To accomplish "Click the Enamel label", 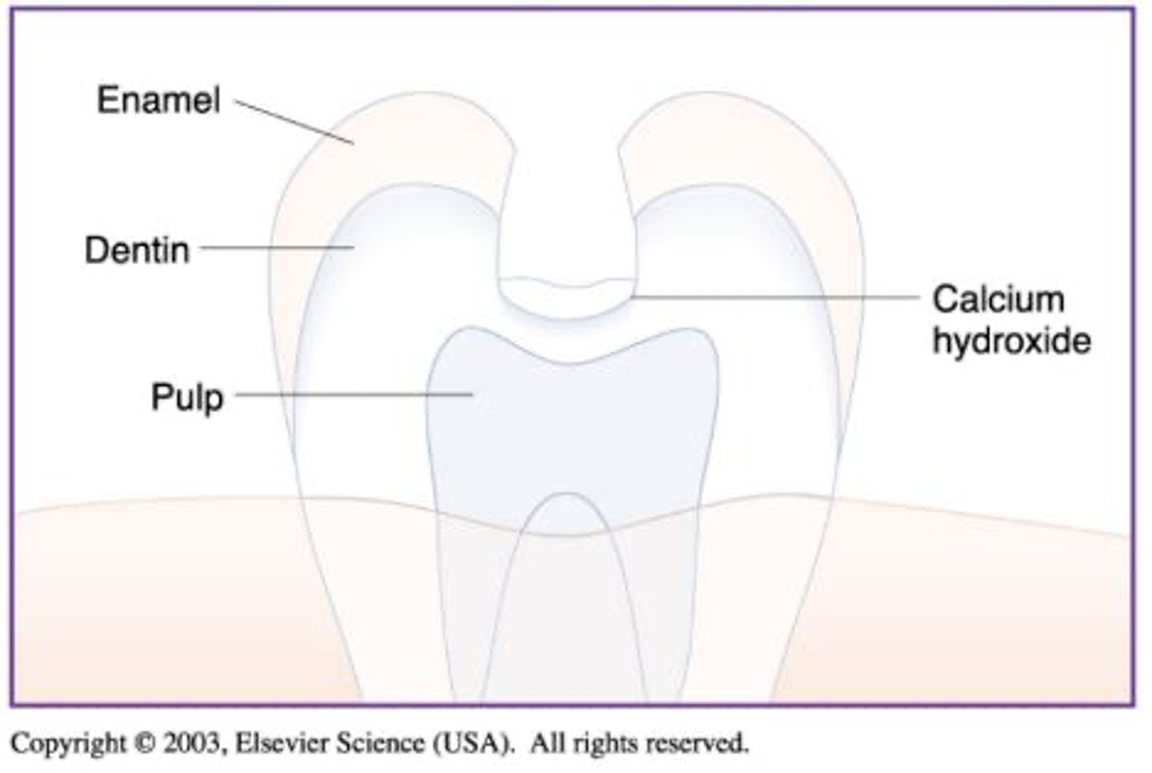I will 158,101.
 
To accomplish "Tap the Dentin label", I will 138,250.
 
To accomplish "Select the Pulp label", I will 187,397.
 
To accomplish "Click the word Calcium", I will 998,299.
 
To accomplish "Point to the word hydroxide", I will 1011,341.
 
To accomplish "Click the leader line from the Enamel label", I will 294,122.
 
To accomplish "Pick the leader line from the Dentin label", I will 276,248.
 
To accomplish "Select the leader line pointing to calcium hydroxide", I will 776,298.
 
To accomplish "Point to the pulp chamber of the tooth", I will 572,424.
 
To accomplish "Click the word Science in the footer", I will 379,743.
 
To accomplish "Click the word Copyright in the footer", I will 69,743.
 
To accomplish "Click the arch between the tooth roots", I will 566,504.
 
